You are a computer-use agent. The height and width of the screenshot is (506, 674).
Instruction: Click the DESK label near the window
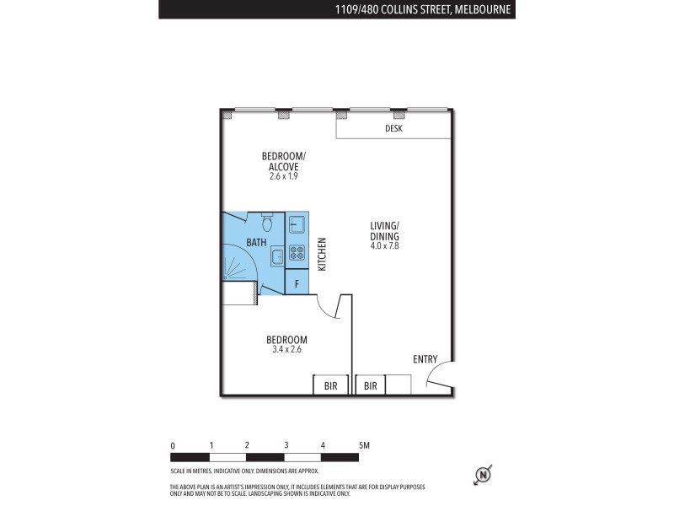(x=393, y=129)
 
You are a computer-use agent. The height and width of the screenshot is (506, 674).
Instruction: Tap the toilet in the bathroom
(x=267, y=223)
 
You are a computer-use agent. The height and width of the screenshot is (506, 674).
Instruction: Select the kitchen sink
(x=297, y=224)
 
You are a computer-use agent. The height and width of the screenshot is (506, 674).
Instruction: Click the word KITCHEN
(x=321, y=253)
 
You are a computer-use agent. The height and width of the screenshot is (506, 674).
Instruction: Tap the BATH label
(x=256, y=243)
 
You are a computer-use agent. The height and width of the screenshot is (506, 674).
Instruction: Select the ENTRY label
(x=425, y=359)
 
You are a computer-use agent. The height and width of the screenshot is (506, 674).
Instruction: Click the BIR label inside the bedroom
(x=330, y=385)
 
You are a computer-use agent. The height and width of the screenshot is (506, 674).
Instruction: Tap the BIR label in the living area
(x=370, y=385)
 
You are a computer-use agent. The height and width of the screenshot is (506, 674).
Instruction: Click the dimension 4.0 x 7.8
(x=384, y=246)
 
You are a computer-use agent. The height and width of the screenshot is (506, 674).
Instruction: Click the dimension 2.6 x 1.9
(x=283, y=176)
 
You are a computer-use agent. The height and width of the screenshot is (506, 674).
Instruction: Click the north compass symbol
(x=484, y=475)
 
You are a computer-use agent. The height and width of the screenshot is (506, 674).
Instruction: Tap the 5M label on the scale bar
(x=363, y=444)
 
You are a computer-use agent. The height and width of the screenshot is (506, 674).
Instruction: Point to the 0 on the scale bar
(x=172, y=444)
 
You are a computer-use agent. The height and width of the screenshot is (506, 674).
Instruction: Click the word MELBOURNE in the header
(x=483, y=9)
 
